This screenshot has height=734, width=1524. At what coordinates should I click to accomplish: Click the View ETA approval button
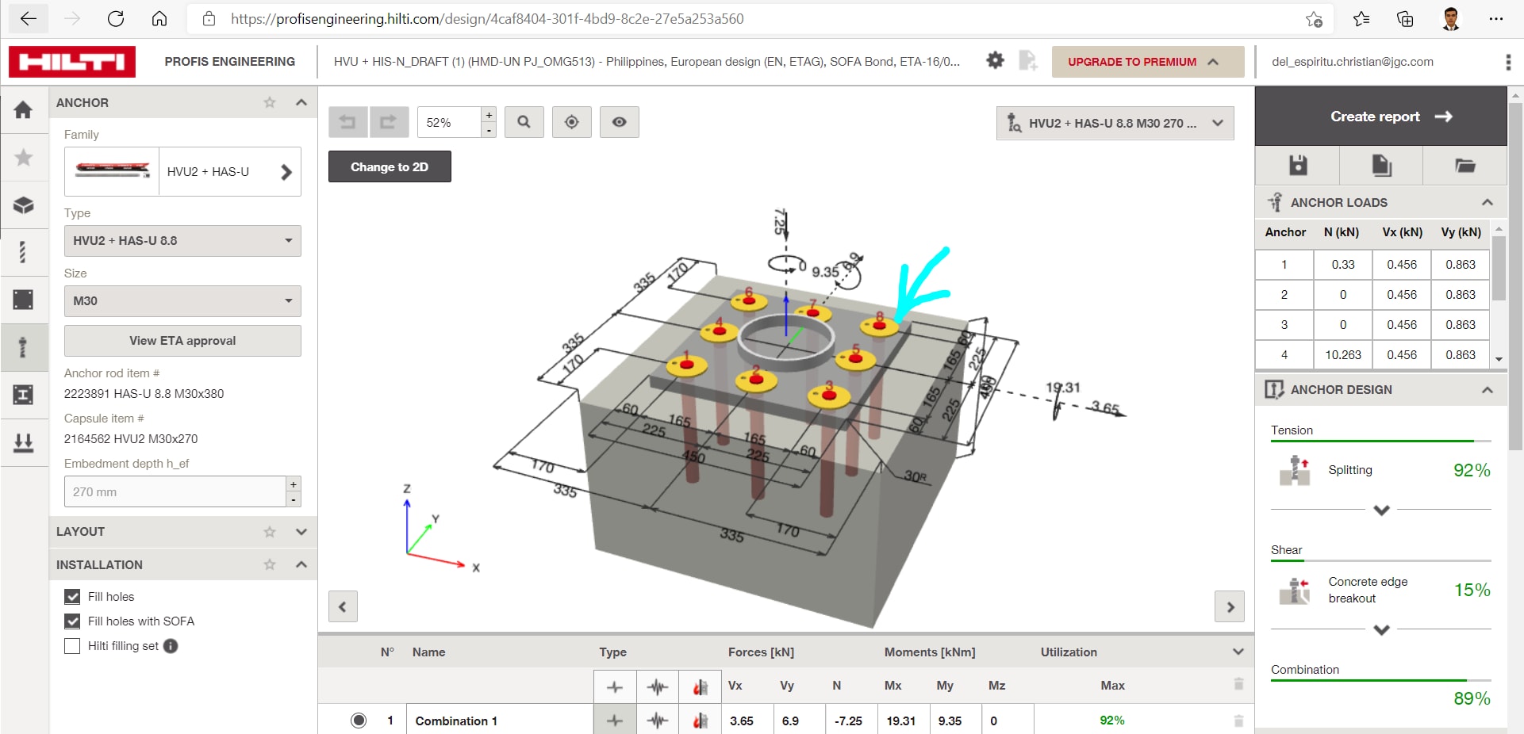tap(182, 341)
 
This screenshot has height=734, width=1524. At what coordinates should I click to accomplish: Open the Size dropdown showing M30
tap(182, 301)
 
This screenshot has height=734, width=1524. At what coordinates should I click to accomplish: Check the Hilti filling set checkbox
tap(72, 646)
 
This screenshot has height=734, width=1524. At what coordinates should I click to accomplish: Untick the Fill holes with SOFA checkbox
tap(72, 621)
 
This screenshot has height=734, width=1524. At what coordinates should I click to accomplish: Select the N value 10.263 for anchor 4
tap(1342, 355)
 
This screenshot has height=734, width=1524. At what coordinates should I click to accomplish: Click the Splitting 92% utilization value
tap(1471, 471)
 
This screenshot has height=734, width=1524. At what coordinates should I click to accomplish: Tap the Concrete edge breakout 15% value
tap(1471, 591)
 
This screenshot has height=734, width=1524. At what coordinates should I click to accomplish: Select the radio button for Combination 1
tap(359, 721)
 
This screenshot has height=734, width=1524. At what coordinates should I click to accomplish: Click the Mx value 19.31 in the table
tap(900, 721)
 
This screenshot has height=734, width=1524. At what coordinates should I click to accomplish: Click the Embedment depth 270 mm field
tap(175, 492)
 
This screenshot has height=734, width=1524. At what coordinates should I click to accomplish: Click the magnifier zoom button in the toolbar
tap(524, 122)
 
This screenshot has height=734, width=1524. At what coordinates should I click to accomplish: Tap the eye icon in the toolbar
tap(619, 122)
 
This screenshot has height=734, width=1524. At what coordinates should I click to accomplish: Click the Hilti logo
tap(72, 62)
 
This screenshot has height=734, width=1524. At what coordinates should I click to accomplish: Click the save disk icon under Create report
tap(1298, 165)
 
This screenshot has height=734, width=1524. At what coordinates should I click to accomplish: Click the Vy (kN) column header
tap(1461, 232)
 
